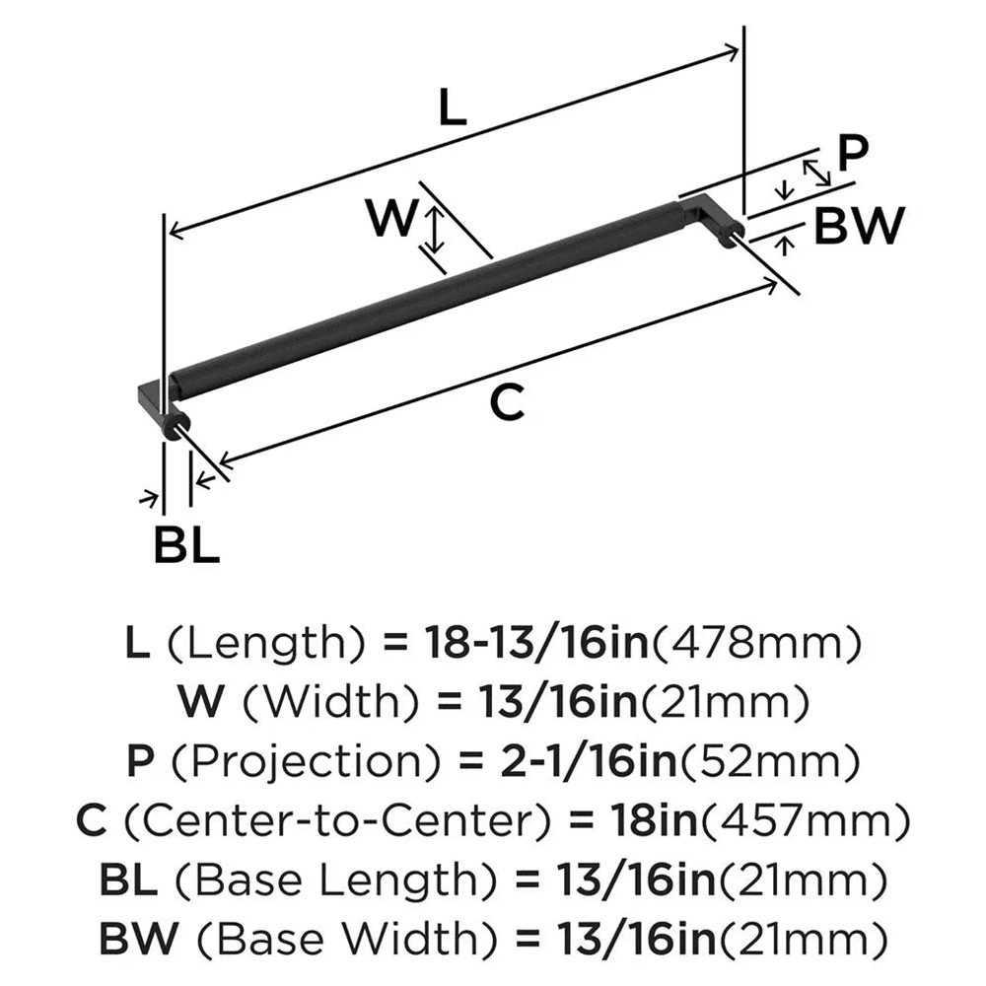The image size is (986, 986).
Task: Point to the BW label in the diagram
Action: (859, 228)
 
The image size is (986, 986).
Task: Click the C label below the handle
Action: (507, 402)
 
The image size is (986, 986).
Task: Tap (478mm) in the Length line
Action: (754, 644)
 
